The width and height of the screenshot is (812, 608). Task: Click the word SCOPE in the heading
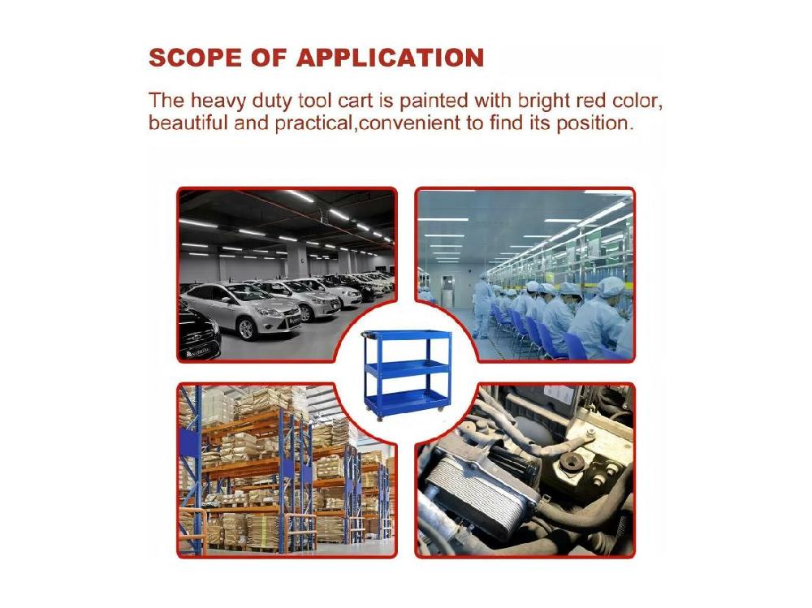point(195,58)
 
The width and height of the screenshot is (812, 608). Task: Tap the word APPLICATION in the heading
point(390,58)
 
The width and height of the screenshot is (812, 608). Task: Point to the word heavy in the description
point(218,101)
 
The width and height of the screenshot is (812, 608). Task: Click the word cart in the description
point(356,101)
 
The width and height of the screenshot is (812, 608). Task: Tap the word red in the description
point(591,101)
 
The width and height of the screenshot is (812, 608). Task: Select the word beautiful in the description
point(188,123)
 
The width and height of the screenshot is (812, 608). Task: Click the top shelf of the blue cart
point(407,334)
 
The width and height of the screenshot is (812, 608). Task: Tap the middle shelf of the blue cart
point(407,369)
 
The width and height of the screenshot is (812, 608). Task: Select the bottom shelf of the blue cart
point(407,400)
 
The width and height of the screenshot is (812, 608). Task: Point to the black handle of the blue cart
point(369,334)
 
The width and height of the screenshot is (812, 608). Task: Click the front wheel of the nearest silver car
point(246,328)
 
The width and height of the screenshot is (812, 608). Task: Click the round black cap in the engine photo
point(571,460)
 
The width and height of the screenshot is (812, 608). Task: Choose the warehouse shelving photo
point(287,470)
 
